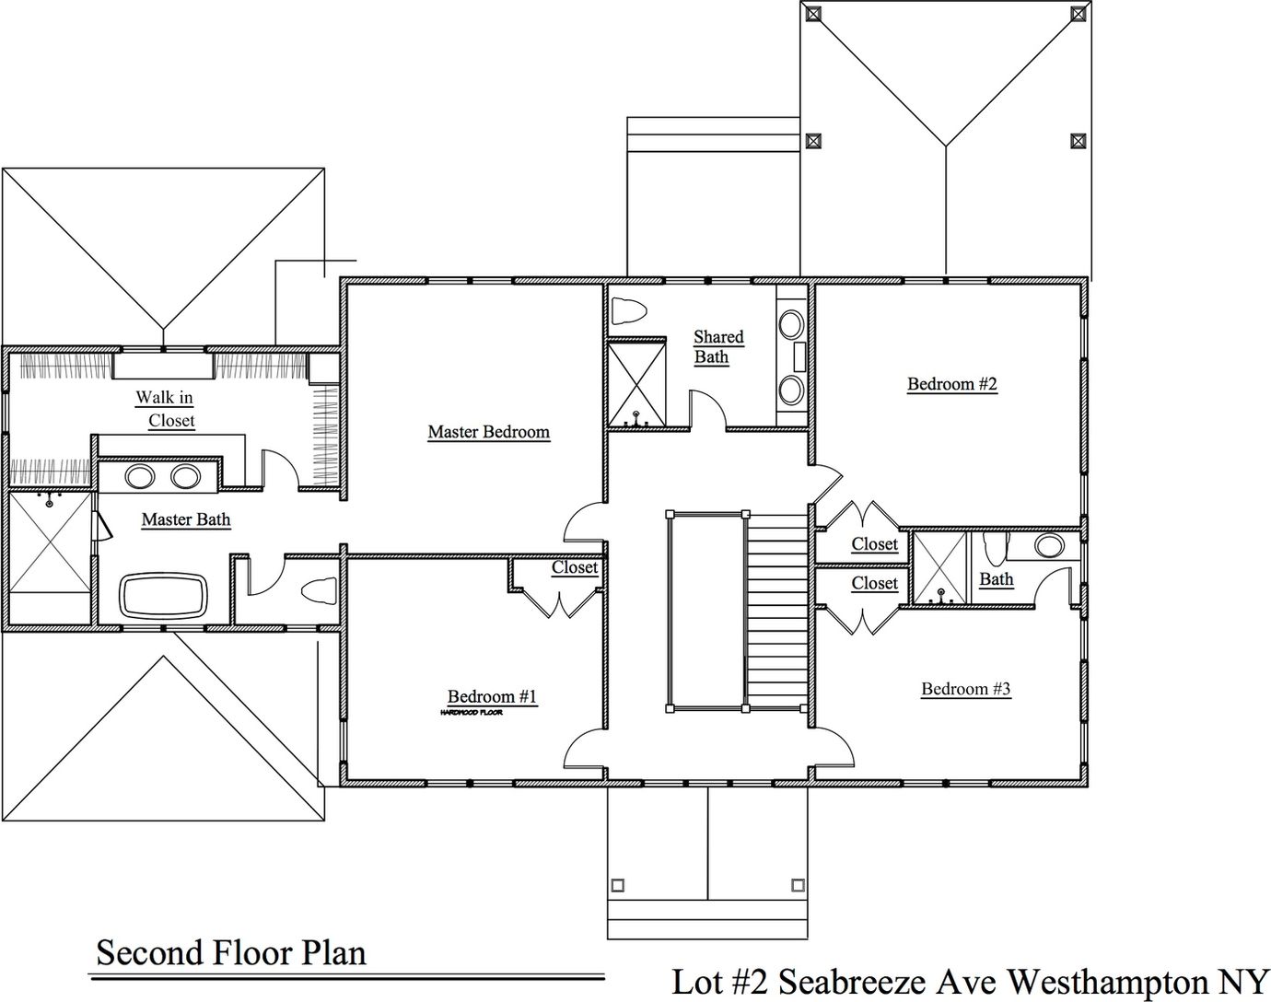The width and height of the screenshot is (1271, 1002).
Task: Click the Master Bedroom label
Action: (x=488, y=432)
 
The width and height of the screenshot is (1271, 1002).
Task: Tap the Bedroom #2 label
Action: (x=952, y=384)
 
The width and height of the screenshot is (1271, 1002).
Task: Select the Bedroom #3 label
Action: (x=966, y=689)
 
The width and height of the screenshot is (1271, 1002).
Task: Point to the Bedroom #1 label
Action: (x=492, y=696)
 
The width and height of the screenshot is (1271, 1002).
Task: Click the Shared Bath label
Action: (x=717, y=347)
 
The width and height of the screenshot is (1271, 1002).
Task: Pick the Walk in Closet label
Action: (x=167, y=409)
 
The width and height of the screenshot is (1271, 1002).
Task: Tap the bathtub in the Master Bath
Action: (x=165, y=596)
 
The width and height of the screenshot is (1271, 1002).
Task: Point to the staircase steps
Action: (x=777, y=608)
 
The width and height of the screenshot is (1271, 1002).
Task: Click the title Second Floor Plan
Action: (x=231, y=952)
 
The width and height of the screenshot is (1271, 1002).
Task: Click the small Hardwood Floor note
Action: (x=471, y=713)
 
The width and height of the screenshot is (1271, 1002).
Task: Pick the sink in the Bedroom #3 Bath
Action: (x=1048, y=545)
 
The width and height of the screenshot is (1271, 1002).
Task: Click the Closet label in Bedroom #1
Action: (x=575, y=567)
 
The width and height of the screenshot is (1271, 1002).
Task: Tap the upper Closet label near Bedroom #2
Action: (x=874, y=544)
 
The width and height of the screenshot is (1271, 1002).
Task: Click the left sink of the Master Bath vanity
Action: (x=140, y=477)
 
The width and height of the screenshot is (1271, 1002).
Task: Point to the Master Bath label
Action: (x=186, y=519)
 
